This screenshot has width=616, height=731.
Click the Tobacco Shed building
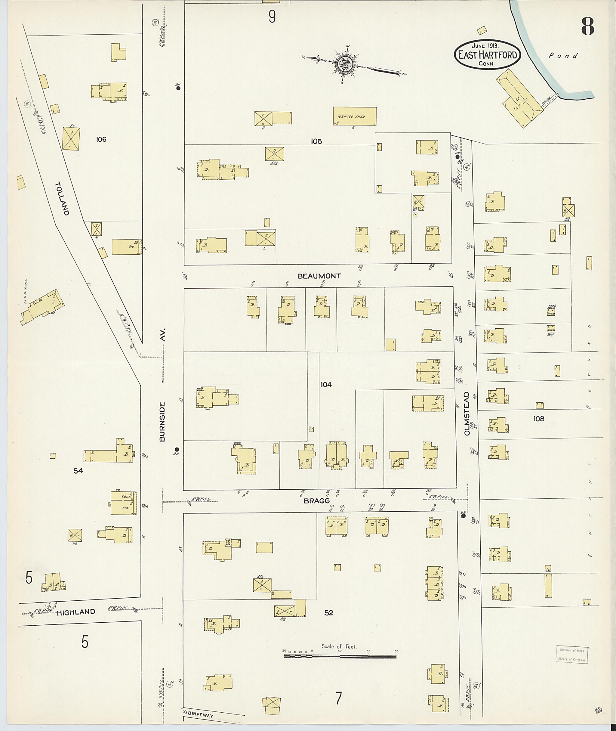(354, 116)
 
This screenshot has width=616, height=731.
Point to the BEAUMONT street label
(319, 276)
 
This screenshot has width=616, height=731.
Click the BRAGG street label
(317, 501)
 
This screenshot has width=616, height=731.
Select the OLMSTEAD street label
(467, 418)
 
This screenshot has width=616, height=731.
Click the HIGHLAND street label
(76, 612)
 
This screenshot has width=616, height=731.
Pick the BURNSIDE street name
(162, 421)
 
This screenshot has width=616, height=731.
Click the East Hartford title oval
(487, 54)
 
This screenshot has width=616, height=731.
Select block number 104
(326, 385)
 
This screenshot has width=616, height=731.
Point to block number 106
(101, 139)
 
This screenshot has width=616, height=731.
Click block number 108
(538, 419)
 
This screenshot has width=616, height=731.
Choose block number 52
(328, 612)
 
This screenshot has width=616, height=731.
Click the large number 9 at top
(272, 17)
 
